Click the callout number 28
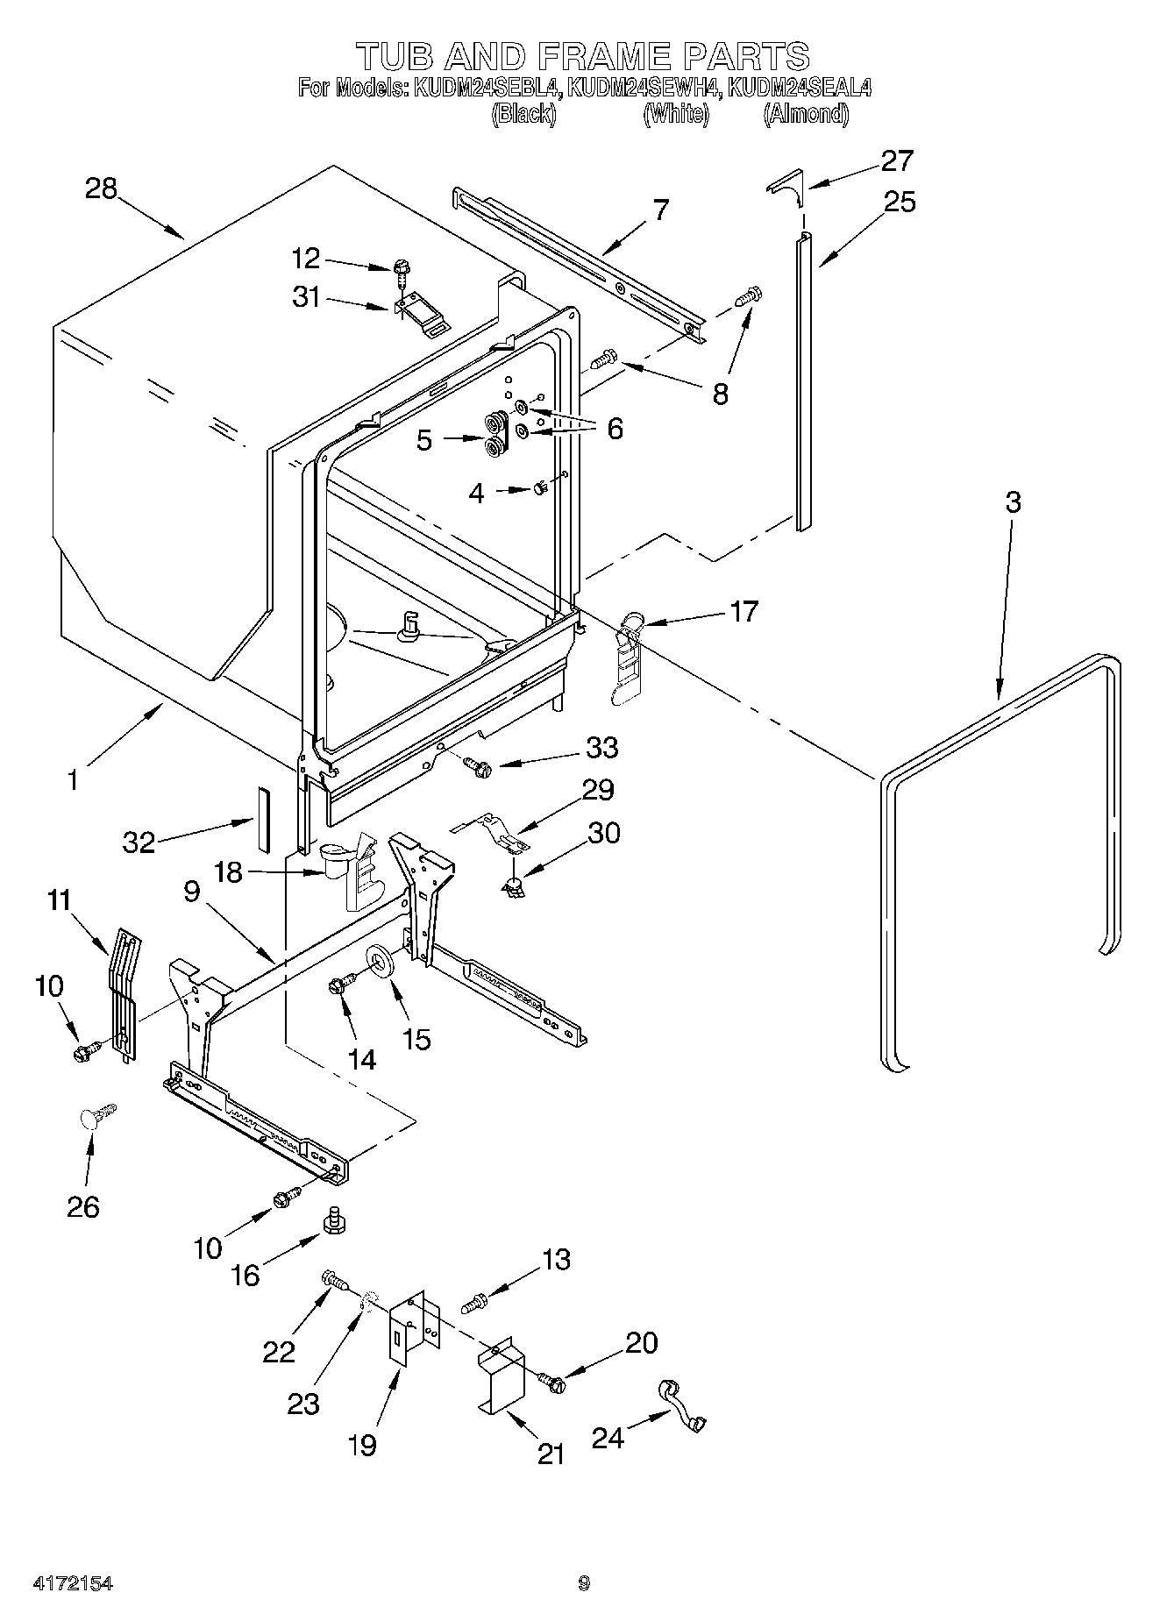tap(102, 188)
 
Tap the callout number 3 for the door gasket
tap(1013, 503)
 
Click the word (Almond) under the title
tap(806, 114)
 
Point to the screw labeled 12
tap(402, 267)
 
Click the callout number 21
tap(550, 1454)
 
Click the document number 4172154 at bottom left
tap(74, 1584)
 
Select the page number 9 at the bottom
tap(584, 1583)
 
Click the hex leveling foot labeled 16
tap(332, 1221)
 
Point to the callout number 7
tap(659, 210)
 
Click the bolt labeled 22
tap(334, 1282)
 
